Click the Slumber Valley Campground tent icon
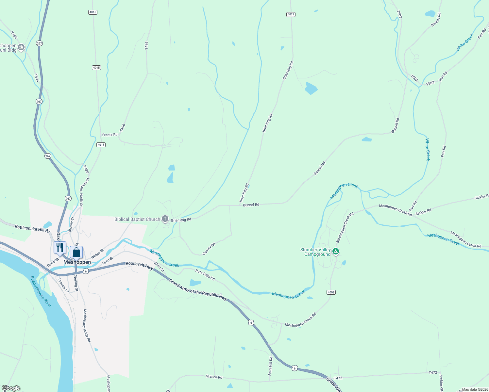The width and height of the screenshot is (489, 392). tap(336, 252)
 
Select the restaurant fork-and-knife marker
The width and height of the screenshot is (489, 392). tap(60, 248)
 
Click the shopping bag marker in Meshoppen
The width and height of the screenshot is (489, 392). tap(76, 252)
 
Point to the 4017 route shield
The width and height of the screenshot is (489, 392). tap(291, 14)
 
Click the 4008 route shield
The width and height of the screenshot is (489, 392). tap(331, 292)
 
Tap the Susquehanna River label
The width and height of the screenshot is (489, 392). tap(41, 291)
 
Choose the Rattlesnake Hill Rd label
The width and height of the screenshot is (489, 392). tap(33, 228)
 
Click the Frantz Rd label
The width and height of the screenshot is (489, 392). tap(110, 135)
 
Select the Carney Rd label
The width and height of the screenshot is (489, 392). tap(209, 249)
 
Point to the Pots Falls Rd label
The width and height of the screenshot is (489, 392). tap(205, 275)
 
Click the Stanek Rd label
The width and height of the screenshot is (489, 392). tap(214, 377)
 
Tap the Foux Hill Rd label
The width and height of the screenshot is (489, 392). tap(270, 366)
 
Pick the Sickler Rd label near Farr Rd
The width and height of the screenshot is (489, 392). tap(423, 212)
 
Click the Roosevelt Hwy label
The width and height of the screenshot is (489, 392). tap(140, 265)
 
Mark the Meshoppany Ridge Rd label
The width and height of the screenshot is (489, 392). tap(87, 325)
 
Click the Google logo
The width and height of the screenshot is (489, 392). tap(11, 388)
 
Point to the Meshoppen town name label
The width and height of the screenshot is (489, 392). tap(77, 262)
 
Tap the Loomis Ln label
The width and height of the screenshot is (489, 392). tap(64, 285)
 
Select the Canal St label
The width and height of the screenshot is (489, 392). tap(53, 262)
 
